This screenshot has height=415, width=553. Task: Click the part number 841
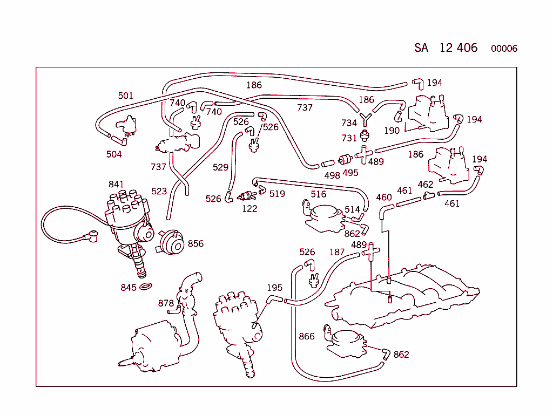pos(116,184)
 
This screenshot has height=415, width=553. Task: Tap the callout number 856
pos(195,243)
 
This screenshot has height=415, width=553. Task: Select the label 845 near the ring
pos(129,288)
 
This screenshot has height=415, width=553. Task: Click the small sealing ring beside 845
pos(146,286)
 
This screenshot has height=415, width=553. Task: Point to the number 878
pos(166,303)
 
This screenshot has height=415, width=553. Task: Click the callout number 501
pos(125,96)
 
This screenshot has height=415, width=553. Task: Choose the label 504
pos(114,154)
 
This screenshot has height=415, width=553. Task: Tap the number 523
pos(159,191)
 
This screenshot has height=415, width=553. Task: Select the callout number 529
pos(220,167)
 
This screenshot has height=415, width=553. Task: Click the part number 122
pos(249,209)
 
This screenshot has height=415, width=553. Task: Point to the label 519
pos(277,194)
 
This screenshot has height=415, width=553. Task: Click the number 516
pos(319,194)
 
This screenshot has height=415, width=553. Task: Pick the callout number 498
pos(332,175)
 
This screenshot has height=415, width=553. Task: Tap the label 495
pos(350,173)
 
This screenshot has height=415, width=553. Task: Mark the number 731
pos(349,138)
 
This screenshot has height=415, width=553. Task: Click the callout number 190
pos(392,131)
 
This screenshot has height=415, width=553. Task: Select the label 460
pos(384,198)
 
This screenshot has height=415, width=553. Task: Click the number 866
pos(307,336)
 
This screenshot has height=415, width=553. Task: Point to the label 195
pos(274,288)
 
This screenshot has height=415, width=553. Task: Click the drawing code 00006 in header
pos(504,49)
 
